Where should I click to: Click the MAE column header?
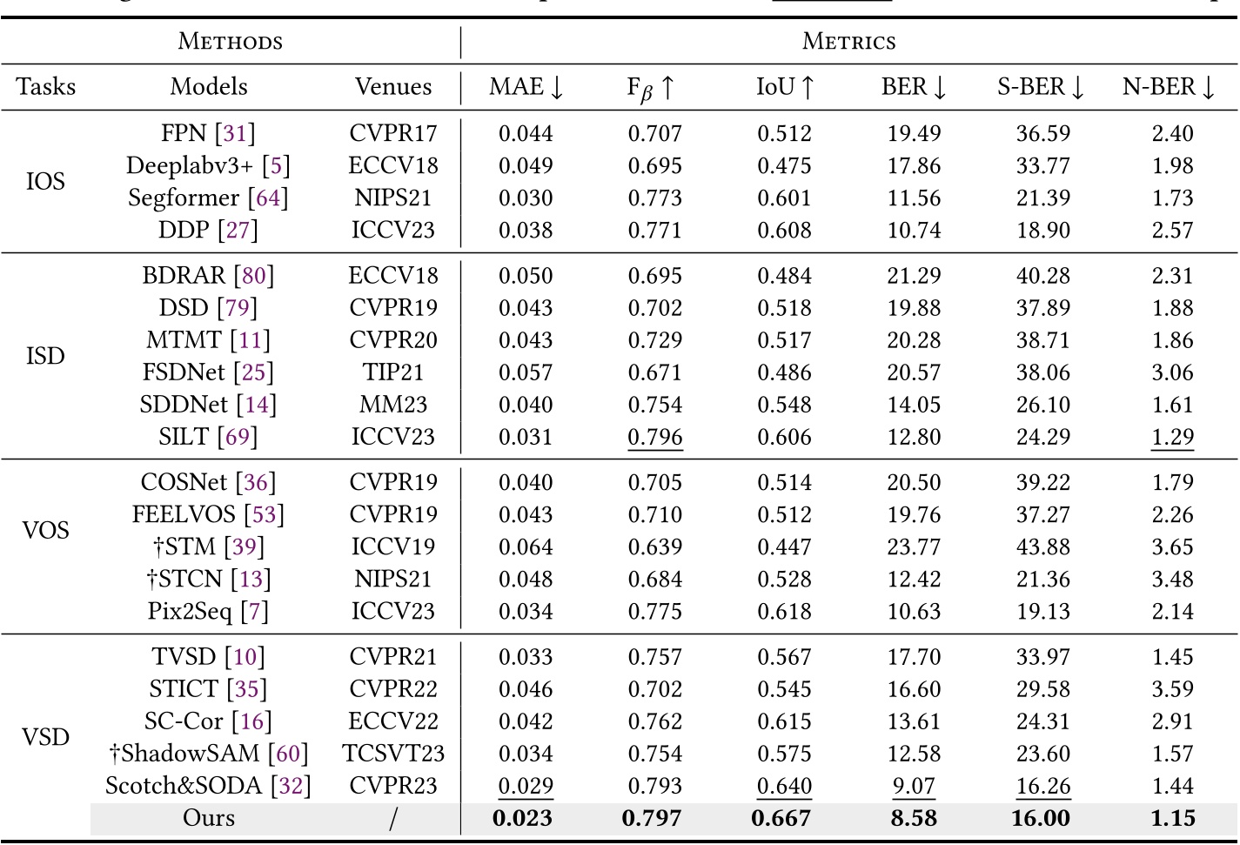(526, 87)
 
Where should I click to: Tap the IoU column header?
(784, 87)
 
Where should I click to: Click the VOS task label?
(45, 530)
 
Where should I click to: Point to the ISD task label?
(45, 356)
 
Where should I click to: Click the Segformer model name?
(184, 198)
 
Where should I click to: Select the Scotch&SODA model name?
(184, 786)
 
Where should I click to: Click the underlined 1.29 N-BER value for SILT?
(1172, 437)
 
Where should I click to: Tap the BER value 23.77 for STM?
(914, 547)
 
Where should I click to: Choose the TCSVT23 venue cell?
(393, 754)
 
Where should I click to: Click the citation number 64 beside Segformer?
(267, 198)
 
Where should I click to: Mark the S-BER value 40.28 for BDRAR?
(1042, 276)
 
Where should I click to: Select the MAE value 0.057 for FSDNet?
(526, 372)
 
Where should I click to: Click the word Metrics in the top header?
(848, 41)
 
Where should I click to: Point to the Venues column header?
(393, 87)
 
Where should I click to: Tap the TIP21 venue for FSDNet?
(393, 372)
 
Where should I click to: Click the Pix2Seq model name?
(190, 612)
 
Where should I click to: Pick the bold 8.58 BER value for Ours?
(914, 818)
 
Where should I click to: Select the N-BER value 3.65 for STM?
(1172, 547)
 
